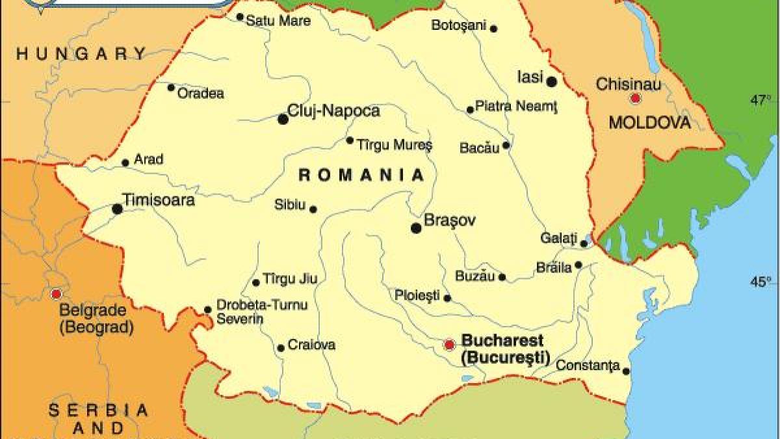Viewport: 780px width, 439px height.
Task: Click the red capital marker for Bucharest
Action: [448, 345]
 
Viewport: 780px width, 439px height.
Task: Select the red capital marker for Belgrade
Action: [56, 294]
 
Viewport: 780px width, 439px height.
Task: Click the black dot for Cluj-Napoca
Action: [283, 119]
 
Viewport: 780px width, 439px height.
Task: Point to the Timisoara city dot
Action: [117, 209]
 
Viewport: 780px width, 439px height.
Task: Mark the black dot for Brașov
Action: [416, 228]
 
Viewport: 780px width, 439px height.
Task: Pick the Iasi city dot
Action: [551, 82]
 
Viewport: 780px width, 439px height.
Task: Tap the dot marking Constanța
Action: [626, 371]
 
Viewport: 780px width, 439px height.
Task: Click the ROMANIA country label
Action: [361, 175]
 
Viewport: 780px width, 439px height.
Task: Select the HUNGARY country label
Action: [82, 54]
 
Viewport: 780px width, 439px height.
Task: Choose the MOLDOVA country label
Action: [649, 123]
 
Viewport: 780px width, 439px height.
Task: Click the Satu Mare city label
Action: [278, 21]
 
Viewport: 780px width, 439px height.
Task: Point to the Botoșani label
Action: [458, 25]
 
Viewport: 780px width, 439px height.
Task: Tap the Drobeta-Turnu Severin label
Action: [253, 312]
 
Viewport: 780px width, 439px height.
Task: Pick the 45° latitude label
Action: [761, 282]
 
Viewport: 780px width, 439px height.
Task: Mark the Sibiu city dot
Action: [313, 209]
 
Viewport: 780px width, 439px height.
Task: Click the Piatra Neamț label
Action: [517, 105]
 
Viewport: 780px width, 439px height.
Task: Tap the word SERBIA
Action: [99, 410]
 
